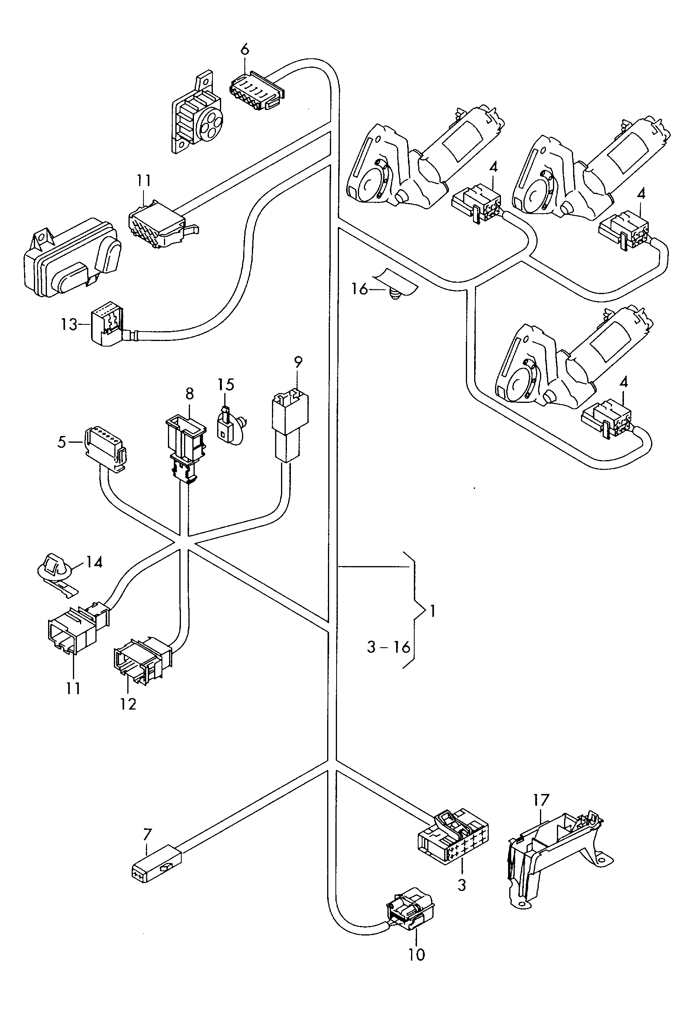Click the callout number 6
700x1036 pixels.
245,50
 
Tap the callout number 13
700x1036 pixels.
69,324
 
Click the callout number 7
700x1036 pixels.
147,834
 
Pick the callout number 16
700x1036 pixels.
359,289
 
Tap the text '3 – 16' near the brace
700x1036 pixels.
388,647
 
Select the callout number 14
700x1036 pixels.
94,562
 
